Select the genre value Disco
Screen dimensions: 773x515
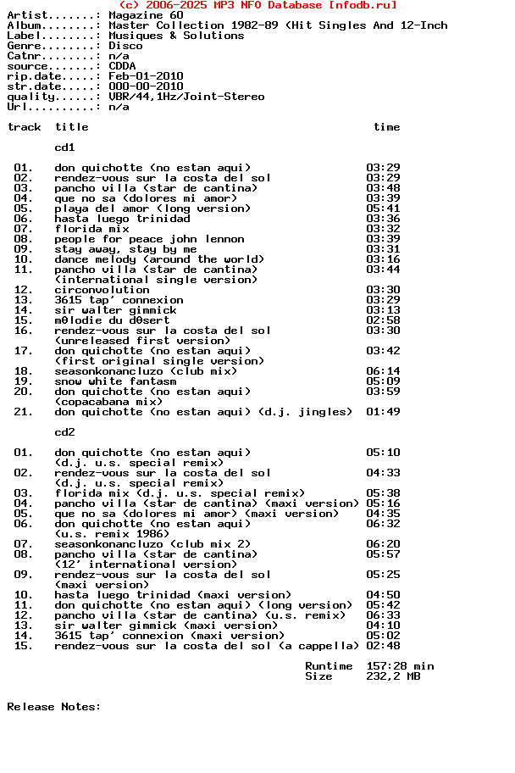(x=125, y=46)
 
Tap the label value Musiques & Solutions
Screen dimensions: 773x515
(x=176, y=36)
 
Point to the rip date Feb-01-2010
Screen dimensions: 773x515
(x=146, y=76)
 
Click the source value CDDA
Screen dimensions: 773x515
(x=122, y=66)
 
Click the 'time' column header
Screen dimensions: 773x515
(x=386, y=127)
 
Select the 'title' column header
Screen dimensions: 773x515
(x=71, y=127)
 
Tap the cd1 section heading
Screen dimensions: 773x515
(x=64, y=147)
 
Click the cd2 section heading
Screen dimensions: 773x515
(x=64, y=432)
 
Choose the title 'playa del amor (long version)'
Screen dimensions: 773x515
(x=152, y=209)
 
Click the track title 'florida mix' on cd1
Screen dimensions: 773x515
(x=91, y=229)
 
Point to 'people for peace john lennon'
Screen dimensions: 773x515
(x=149, y=239)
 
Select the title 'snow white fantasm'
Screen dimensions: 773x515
(x=115, y=381)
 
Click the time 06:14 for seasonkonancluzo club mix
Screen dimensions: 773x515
(x=383, y=371)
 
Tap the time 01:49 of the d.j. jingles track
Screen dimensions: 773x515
(x=383, y=412)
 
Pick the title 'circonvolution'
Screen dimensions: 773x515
(x=102, y=290)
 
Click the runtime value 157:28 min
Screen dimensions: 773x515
(x=400, y=666)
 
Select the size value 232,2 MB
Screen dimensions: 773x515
(x=393, y=676)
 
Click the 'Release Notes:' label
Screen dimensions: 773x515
(x=54, y=707)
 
